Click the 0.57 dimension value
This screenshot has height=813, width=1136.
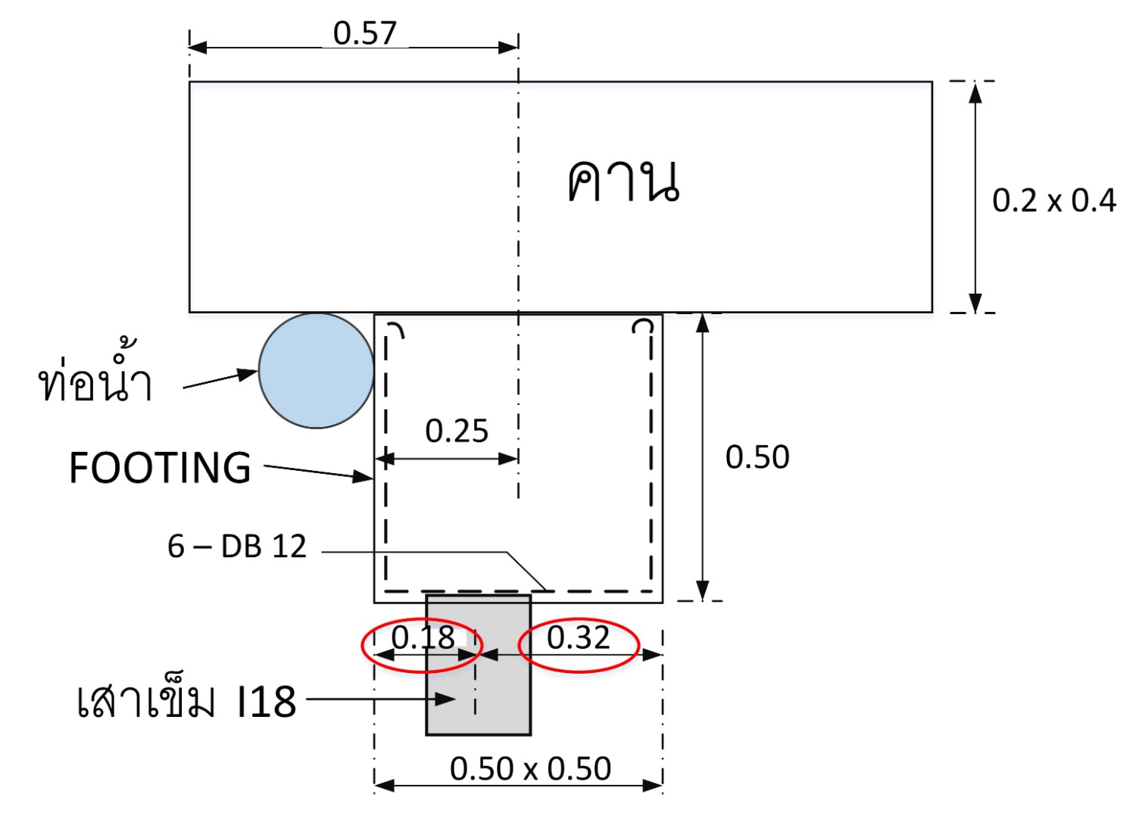(364, 33)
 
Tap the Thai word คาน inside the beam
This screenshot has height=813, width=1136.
(623, 181)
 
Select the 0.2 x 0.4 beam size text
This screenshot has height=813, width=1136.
(1054, 200)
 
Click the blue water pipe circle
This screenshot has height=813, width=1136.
(316, 370)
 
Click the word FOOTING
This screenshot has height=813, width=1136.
(160, 467)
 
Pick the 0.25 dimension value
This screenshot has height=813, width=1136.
(457, 431)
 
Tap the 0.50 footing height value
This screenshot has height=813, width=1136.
(757, 457)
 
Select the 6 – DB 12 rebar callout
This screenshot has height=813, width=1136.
(237, 547)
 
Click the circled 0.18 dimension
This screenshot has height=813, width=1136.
(423, 637)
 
